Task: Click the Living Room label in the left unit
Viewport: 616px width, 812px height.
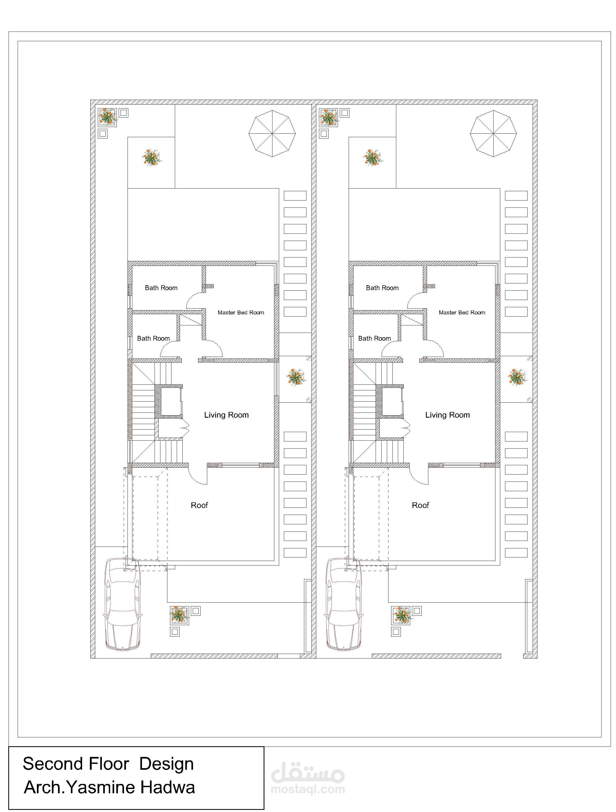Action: tap(226, 415)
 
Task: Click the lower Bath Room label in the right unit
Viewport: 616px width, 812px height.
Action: tap(375, 338)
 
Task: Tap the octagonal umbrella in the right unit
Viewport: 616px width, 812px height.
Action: tap(493, 133)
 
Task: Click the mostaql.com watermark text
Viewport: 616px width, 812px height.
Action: tap(308, 789)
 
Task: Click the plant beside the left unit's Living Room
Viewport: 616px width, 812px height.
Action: tap(296, 377)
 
